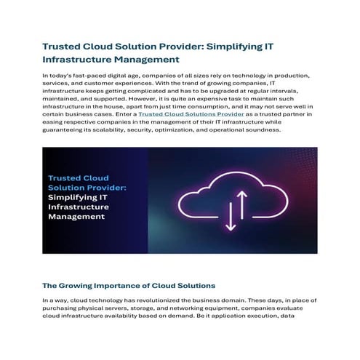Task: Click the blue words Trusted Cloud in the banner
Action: pyautogui.click(x=79, y=177)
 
